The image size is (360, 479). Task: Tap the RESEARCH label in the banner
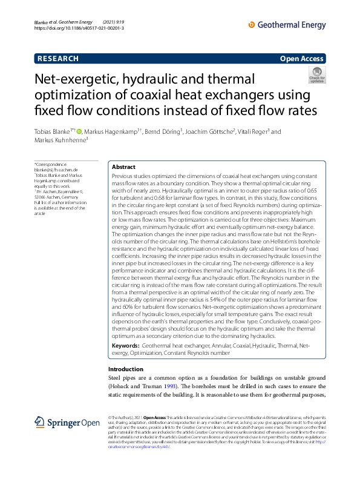point(58,59)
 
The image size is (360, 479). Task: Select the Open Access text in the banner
point(301,59)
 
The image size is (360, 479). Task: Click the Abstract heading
point(125,167)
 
